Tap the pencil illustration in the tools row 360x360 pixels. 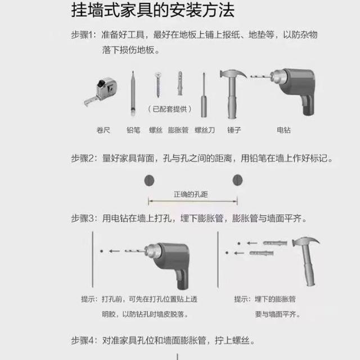pyautogui.click(x=133, y=94)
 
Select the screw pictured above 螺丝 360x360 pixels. pyautogui.click(x=157, y=84)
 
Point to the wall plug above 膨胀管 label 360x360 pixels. pyautogui.click(x=180, y=83)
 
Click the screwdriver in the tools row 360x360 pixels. pyautogui.click(x=204, y=95)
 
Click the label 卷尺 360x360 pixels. pyautogui.click(x=103, y=130)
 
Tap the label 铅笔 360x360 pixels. pyautogui.click(x=133, y=130)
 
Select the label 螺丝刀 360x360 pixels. pyautogui.click(x=205, y=130)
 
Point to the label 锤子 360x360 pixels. pyautogui.click(x=234, y=130)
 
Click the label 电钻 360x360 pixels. pyautogui.click(x=283, y=130)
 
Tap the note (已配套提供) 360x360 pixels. pyautogui.click(x=170, y=109)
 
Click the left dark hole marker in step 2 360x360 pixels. pyautogui.click(x=149, y=181)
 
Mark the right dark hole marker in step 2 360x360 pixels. pyautogui.click(x=237, y=180)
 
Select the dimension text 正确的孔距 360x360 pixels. pyautogui.click(x=191, y=195)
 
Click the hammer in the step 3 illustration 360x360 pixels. pyautogui.click(x=306, y=261)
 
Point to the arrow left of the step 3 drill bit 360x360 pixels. pyautogui.click(x=114, y=251)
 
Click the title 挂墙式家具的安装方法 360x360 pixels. pyautogui.click(x=152, y=10)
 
